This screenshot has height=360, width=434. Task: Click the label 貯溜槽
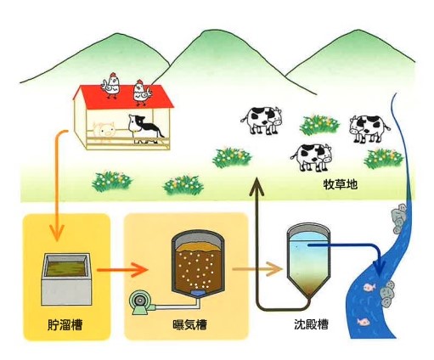[x=65, y=325]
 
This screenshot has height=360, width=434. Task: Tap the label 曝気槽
[x=189, y=324]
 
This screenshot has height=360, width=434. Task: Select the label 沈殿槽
[x=312, y=324]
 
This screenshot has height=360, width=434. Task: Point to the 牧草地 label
[x=341, y=184]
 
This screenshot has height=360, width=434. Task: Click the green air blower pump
[x=141, y=303]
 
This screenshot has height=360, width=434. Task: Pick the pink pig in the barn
[x=104, y=131]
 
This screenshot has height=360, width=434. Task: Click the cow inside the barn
[x=144, y=129]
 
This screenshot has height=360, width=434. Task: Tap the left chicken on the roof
[x=111, y=86]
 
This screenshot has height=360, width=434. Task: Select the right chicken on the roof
[x=142, y=93]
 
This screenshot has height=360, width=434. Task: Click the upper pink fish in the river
[x=369, y=287]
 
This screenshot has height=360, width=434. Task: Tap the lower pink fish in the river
[x=363, y=322]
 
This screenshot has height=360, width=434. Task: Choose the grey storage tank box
[x=66, y=279]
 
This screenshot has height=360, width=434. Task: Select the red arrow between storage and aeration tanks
[x=122, y=270]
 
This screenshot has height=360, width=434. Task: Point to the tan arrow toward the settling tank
[x=257, y=269]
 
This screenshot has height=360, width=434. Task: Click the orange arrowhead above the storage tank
[x=57, y=233]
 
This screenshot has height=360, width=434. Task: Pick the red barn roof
[x=123, y=97]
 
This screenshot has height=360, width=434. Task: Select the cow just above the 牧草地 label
[x=312, y=157]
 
